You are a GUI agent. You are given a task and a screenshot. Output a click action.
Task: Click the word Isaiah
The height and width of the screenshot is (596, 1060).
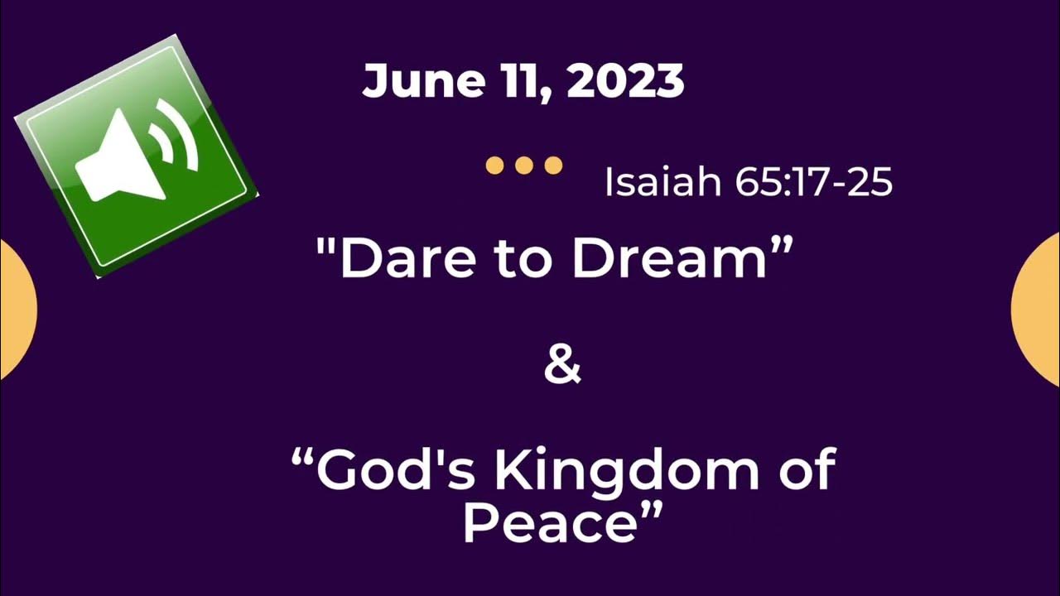tap(662, 182)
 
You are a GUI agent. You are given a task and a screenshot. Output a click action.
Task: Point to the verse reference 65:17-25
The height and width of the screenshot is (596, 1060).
tap(813, 182)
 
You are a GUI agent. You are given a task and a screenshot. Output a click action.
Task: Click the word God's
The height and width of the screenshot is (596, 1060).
tap(395, 471)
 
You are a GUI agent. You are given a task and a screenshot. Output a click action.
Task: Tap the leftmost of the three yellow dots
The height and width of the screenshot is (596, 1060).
tap(494, 166)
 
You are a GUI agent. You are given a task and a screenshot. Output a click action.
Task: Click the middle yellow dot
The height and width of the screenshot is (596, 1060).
tap(523, 166)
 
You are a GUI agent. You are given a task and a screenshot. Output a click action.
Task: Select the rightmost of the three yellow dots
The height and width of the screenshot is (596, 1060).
tap(553, 166)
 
